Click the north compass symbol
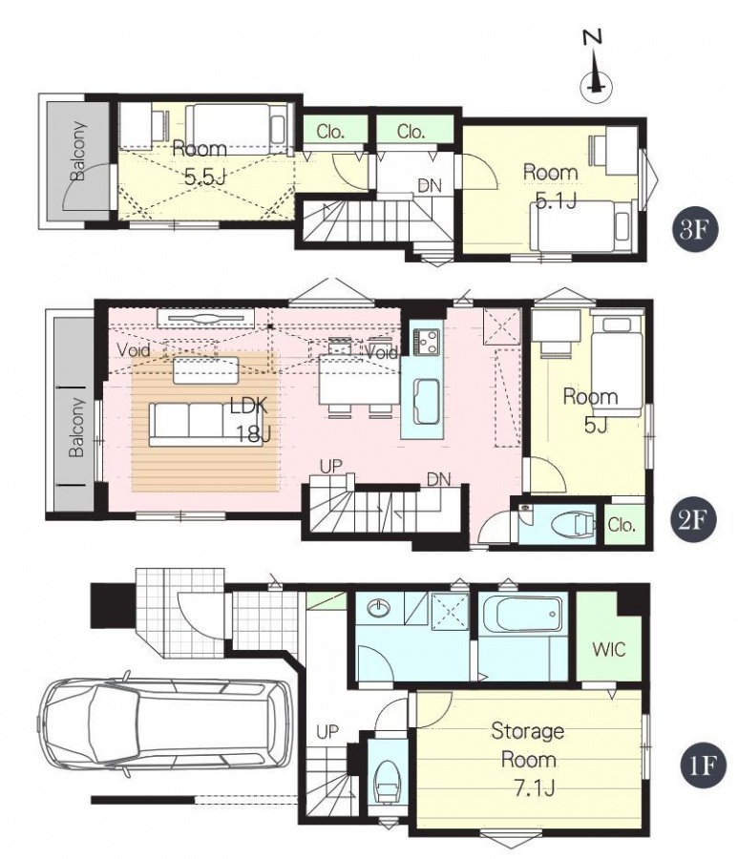pyautogui.click(x=596, y=69)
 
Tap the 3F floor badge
pyautogui.click(x=694, y=230)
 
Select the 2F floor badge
pyautogui.click(x=694, y=520)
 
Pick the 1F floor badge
pyautogui.click(x=704, y=765)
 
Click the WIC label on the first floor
pyautogui.click(x=609, y=649)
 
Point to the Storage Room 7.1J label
pyautogui.click(x=528, y=760)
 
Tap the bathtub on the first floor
pyautogui.click(x=521, y=613)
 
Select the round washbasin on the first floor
pyautogui.click(x=378, y=607)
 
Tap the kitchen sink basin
pyautogui.click(x=426, y=402)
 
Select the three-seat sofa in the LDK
pyautogui.click(x=205, y=425)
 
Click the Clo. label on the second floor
pyautogui.click(x=622, y=525)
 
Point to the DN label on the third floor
pyautogui.click(x=430, y=186)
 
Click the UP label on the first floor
pyautogui.click(x=327, y=731)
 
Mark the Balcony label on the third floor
pyautogui.click(x=78, y=151)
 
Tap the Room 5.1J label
pyautogui.click(x=552, y=187)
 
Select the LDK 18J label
pyautogui.click(x=250, y=420)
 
